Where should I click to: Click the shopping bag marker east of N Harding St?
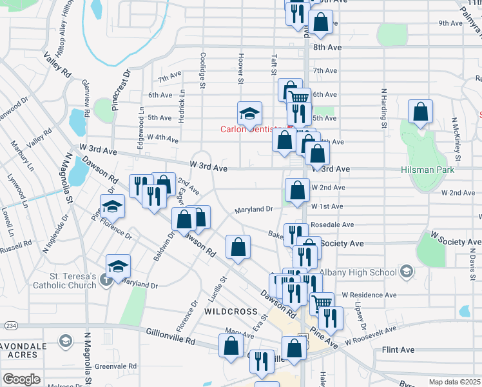click(x=421, y=112)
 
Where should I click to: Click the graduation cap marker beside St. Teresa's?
click(x=118, y=266)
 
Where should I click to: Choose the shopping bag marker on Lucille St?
click(x=238, y=248)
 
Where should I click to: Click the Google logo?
click(x=21, y=379)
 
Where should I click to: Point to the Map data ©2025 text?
click(x=454, y=382)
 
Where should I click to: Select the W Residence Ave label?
click(x=367, y=295)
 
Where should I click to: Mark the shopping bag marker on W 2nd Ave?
click(x=296, y=190)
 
